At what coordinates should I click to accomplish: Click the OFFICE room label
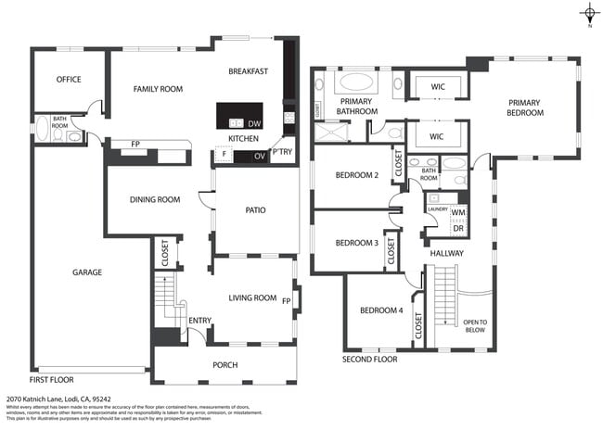69,80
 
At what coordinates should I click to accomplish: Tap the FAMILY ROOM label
158,89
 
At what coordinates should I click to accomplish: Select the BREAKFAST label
248,71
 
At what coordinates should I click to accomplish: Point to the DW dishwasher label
255,123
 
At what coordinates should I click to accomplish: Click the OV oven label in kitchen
259,157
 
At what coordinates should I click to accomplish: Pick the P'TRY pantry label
281,152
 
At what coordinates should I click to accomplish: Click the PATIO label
255,210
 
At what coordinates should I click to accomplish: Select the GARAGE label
87,272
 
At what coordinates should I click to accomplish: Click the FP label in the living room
286,301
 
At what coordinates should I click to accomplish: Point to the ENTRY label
199,321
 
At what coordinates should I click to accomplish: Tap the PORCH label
225,365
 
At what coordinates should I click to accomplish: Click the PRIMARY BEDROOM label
524,107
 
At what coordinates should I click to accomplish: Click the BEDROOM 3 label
357,243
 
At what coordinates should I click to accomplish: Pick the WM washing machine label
457,212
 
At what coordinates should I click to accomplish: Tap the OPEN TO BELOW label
474,325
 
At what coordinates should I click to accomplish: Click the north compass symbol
589,13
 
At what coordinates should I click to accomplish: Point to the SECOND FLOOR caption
369,359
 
